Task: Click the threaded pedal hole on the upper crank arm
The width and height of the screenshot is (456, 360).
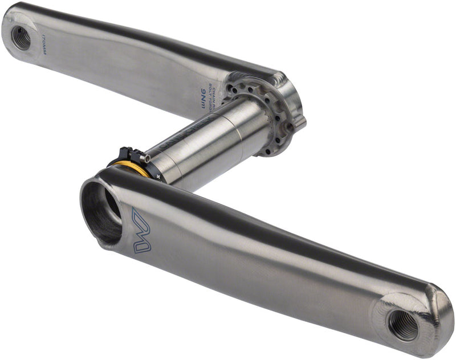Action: [21, 38]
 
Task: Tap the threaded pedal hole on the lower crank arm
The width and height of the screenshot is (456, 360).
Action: [404, 325]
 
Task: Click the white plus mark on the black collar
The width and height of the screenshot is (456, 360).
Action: [158, 177]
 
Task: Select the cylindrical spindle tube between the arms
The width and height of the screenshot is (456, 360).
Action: [217, 142]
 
